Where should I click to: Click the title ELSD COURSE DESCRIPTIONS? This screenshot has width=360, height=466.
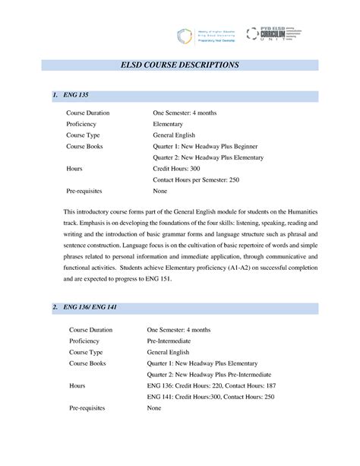tap(180, 66)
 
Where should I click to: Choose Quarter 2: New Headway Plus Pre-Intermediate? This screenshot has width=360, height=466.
tap(212, 374)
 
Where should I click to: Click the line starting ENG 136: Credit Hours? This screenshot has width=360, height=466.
tap(212, 385)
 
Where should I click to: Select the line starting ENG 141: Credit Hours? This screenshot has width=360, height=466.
tap(210, 397)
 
